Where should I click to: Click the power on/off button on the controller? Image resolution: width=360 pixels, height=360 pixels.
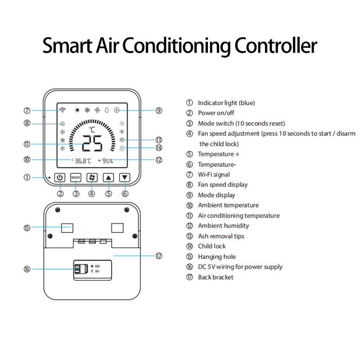(x=60, y=177)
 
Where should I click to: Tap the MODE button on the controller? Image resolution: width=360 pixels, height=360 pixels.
(x=76, y=177)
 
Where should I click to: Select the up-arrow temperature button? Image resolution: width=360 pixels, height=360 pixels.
(x=108, y=177)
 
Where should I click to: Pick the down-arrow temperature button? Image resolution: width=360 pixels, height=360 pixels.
(x=125, y=177)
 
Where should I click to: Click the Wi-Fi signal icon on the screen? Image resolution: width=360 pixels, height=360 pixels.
(x=63, y=110)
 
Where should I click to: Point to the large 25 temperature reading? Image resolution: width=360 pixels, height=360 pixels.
(x=92, y=143)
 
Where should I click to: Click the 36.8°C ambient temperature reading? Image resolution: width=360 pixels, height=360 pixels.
(x=83, y=161)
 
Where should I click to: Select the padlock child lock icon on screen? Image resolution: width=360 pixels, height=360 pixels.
(x=122, y=148)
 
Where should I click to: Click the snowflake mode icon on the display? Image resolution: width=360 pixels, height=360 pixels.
(x=87, y=110)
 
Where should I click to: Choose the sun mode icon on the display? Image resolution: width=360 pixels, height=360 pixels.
(x=77, y=110)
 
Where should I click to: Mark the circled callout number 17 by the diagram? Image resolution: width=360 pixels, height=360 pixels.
(x=159, y=256)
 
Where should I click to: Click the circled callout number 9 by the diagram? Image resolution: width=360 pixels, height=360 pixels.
(x=159, y=111)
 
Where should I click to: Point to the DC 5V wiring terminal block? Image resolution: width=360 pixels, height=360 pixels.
(x=81, y=269)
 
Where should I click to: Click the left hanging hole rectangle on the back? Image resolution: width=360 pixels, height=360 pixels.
(x=67, y=228)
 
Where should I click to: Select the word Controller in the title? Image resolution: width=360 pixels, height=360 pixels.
(x=276, y=46)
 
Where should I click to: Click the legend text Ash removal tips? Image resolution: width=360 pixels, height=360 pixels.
(x=221, y=236)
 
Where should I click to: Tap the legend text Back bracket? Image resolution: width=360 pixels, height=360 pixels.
(x=216, y=277)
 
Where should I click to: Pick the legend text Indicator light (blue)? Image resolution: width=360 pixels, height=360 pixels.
(x=226, y=103)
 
